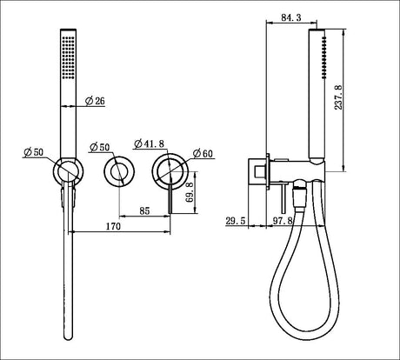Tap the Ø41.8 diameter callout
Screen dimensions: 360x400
pos(150,141)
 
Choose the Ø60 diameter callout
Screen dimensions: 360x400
pos(201,153)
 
